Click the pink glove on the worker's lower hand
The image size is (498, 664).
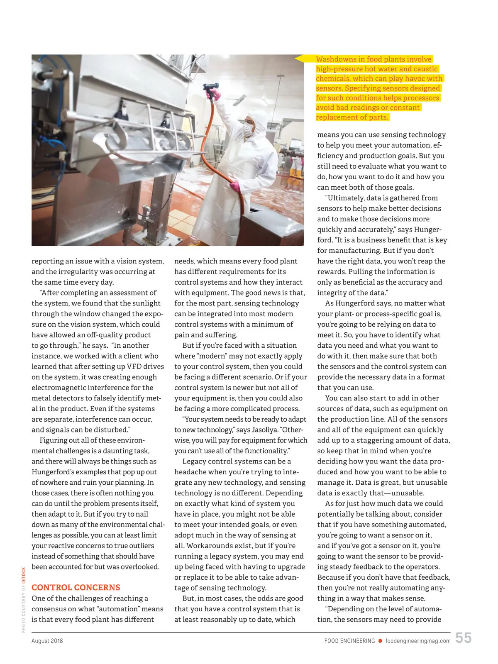pyautogui.click(x=235, y=186)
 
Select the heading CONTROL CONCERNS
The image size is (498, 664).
pyautogui.click(x=76, y=587)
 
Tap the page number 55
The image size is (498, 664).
pyautogui.click(x=463, y=638)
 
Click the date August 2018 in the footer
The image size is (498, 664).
pyautogui.click(x=47, y=641)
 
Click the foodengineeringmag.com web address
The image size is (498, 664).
pyautogui.click(x=418, y=641)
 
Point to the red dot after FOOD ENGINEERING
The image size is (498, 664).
pyautogui.click(x=380, y=641)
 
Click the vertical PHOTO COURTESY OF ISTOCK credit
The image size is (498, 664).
pyautogui.click(x=24, y=600)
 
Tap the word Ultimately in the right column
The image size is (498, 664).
pyautogui.click(x=346, y=198)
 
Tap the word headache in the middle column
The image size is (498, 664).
pyautogui.click(x=190, y=472)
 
